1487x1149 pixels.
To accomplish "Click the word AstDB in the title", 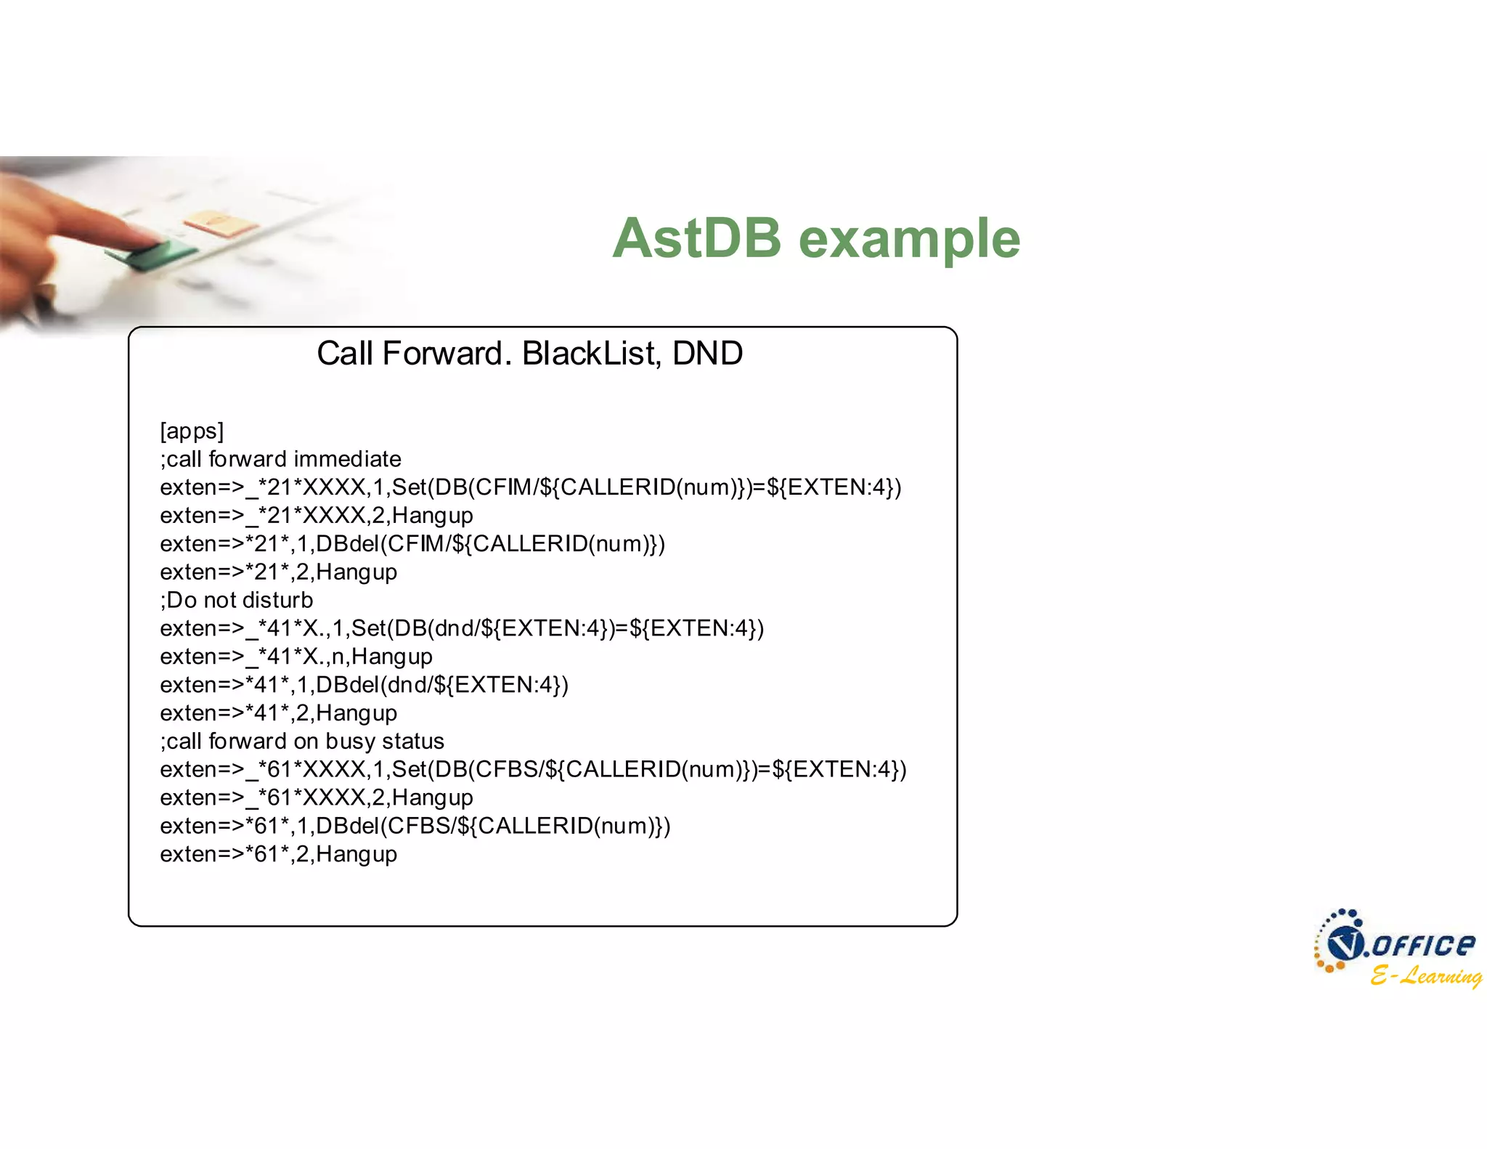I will tap(696, 238).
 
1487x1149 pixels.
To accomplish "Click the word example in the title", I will tap(909, 240).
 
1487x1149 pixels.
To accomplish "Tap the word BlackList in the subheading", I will tap(590, 354).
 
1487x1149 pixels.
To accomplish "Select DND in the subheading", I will tap(707, 354).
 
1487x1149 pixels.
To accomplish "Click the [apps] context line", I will tap(192, 431).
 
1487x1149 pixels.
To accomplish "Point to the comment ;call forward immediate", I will tap(280, 459).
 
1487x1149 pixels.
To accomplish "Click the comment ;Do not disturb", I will tap(237, 600).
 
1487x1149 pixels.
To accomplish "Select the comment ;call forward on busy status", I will tap(302, 741).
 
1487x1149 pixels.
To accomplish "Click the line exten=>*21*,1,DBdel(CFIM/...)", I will tap(412, 544).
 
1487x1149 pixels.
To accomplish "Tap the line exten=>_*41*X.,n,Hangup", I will tap(296, 657).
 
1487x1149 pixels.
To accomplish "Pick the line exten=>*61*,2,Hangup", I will tap(278, 854).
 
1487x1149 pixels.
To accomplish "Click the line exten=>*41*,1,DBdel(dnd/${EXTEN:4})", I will tap(364, 685).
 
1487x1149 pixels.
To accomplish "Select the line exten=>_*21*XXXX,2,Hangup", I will tap(317, 516).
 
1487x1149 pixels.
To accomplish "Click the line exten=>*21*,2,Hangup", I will tap(278, 572).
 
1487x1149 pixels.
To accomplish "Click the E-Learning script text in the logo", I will tap(1425, 975).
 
